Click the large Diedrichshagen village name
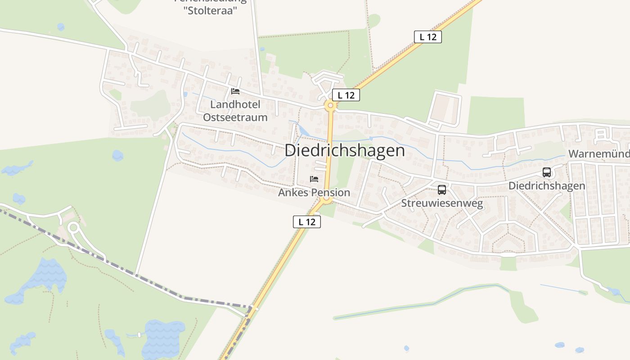point(345,150)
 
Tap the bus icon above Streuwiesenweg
point(442,189)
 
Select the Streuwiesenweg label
point(442,203)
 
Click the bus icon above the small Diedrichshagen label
point(547,172)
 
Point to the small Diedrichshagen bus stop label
point(547,186)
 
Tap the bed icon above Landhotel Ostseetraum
point(235,91)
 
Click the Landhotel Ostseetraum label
point(235,111)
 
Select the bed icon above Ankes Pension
point(314,179)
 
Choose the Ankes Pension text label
point(314,193)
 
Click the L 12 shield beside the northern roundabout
point(346,95)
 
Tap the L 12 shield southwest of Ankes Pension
point(307,222)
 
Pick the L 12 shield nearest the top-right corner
point(427,37)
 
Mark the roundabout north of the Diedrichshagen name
point(330,106)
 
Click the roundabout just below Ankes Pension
point(327,199)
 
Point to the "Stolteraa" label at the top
point(211,10)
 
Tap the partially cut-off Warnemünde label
point(599,154)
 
